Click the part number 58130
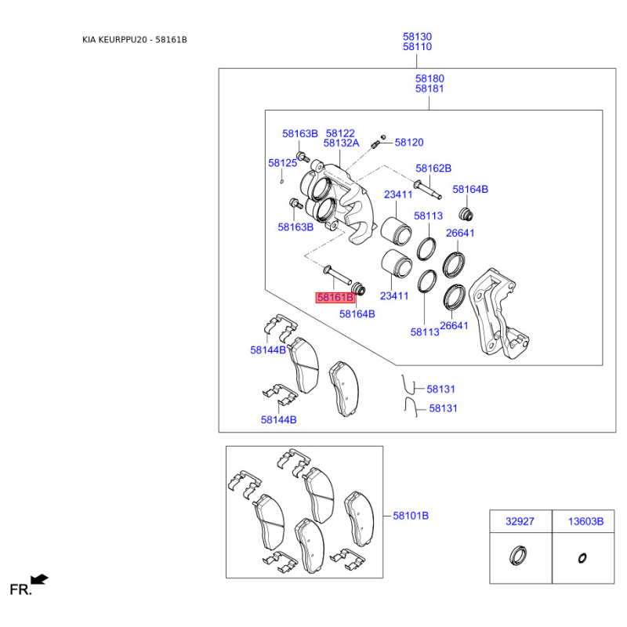(417, 37)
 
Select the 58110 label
(417, 47)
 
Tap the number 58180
(429, 78)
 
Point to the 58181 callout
(429, 89)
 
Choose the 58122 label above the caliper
(341, 133)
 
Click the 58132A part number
(341, 143)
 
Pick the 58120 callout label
(408, 143)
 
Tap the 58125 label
(282, 163)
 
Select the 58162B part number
(433, 169)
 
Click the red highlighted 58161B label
(335, 298)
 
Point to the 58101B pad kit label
(411, 516)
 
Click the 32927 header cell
(519, 521)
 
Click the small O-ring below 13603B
(582, 558)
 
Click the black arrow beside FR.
(40, 580)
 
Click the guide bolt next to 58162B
(426, 188)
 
